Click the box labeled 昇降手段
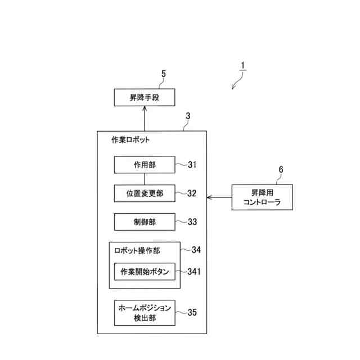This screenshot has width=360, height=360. [x=145, y=97]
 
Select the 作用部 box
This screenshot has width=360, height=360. [x=145, y=165]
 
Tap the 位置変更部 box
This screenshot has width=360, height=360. [x=145, y=193]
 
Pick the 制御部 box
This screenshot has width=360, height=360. [x=145, y=222]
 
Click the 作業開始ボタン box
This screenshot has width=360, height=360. [x=145, y=272]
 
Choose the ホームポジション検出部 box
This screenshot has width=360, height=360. [x=145, y=313]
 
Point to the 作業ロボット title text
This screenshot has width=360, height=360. [x=130, y=140]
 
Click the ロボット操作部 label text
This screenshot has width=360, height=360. [x=137, y=250]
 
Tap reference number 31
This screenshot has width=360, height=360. [x=192, y=165]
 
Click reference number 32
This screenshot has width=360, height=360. [x=192, y=193]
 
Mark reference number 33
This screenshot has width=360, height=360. [x=192, y=222]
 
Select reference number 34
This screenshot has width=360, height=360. [x=196, y=249]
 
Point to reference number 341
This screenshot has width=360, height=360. [x=195, y=272]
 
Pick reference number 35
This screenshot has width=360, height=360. [x=192, y=312]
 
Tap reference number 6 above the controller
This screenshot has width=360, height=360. [x=281, y=169]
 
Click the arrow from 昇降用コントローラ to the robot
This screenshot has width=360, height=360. [x=219, y=197]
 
